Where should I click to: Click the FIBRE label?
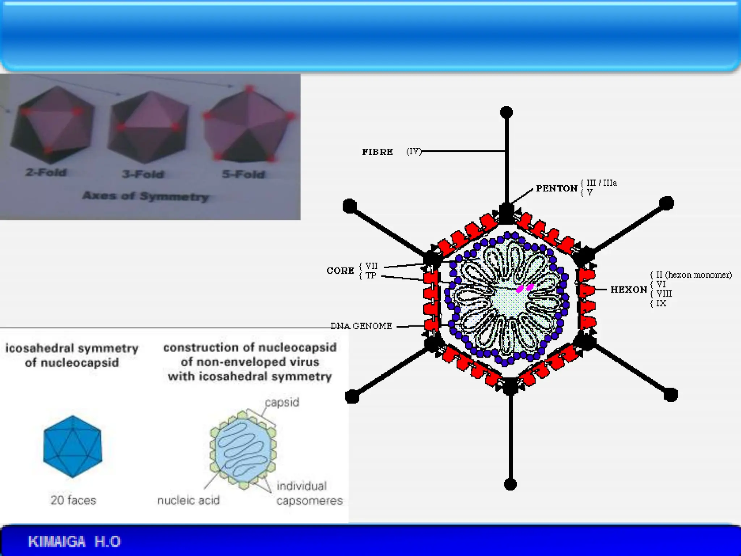[x=377, y=152]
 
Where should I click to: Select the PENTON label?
[x=556, y=189]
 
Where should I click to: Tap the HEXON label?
[x=628, y=290]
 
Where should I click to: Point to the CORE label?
[x=340, y=271]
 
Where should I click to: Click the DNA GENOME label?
[x=361, y=326]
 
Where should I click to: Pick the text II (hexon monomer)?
[x=694, y=275]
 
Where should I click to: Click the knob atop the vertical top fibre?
[x=506, y=112]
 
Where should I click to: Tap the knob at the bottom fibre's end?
[x=510, y=484]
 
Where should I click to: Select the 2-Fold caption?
[x=46, y=172]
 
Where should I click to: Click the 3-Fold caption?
[x=143, y=174]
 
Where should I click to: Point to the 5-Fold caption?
[x=244, y=174]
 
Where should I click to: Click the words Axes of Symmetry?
[x=145, y=196]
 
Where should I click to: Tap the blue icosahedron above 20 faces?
[x=73, y=446]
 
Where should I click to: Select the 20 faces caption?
[x=73, y=500]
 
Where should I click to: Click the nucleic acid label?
[x=188, y=500]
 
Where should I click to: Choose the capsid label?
[x=282, y=402]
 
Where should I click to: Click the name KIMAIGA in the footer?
[x=57, y=542]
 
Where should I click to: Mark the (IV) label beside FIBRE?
[x=414, y=152]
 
